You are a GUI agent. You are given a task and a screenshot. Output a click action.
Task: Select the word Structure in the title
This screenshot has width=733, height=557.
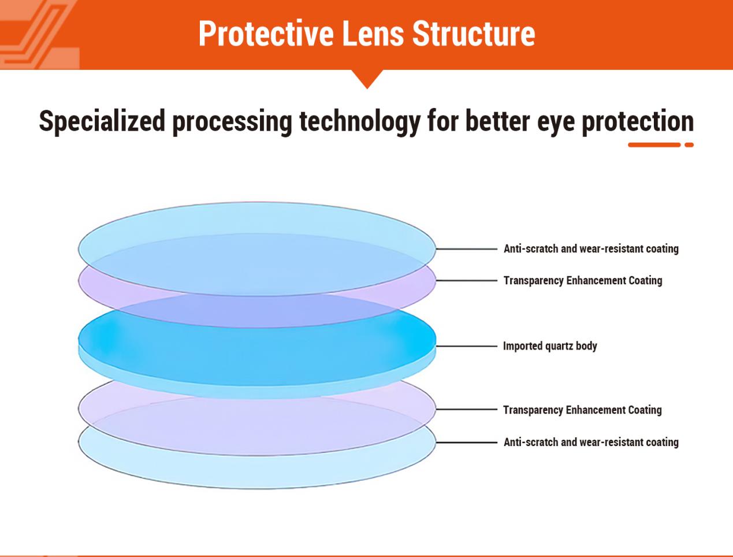click(474, 34)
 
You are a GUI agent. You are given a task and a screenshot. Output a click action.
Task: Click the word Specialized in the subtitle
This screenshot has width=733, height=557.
click(102, 121)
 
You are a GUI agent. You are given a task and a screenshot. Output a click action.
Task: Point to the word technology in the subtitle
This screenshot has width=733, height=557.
click(359, 121)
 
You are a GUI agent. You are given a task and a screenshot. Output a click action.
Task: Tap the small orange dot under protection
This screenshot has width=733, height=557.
click(689, 145)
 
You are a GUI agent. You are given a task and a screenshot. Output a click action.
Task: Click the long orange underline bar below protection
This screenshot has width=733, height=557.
click(654, 145)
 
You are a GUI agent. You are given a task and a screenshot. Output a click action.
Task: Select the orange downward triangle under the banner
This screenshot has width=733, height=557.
click(367, 79)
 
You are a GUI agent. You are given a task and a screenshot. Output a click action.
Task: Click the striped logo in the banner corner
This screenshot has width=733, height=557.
click(38, 34)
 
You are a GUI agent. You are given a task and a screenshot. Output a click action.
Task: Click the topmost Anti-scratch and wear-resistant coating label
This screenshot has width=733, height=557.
click(591, 249)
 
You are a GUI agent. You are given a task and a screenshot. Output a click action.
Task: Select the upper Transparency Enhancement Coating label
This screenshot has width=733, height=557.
click(583, 281)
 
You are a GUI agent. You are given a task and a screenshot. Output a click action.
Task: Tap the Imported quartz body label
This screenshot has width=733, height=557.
click(550, 346)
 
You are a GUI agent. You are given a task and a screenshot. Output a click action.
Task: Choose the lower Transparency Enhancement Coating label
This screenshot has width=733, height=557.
click(582, 410)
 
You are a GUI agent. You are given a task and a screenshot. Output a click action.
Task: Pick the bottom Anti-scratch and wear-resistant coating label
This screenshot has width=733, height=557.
click(591, 443)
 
